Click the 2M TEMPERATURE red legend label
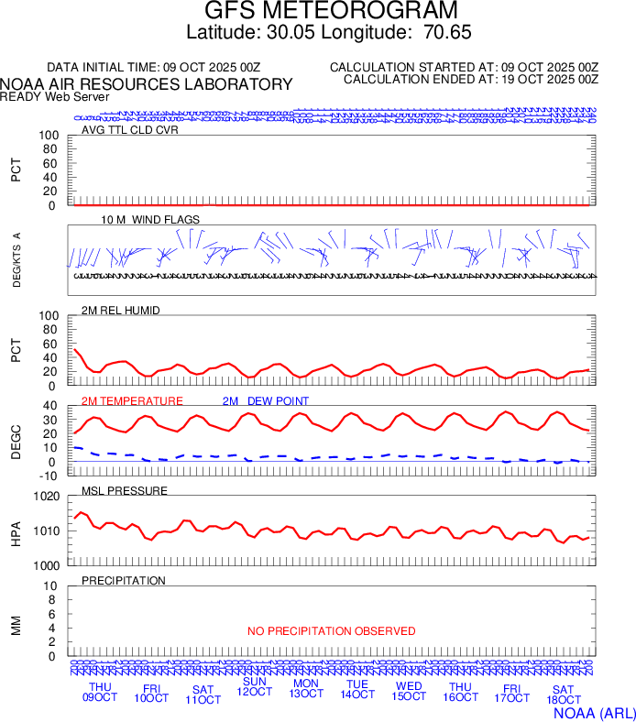132,401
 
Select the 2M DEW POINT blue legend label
266,401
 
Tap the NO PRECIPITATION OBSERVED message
331,631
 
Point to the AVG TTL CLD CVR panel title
129,130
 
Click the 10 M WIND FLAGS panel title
137,221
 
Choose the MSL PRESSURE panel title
125,491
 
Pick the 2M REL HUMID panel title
121,311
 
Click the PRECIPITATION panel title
124,581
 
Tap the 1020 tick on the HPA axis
47,498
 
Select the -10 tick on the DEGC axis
49,475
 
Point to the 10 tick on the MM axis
51,586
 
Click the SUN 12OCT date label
254,686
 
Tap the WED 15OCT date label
408,692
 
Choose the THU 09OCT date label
100,692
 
